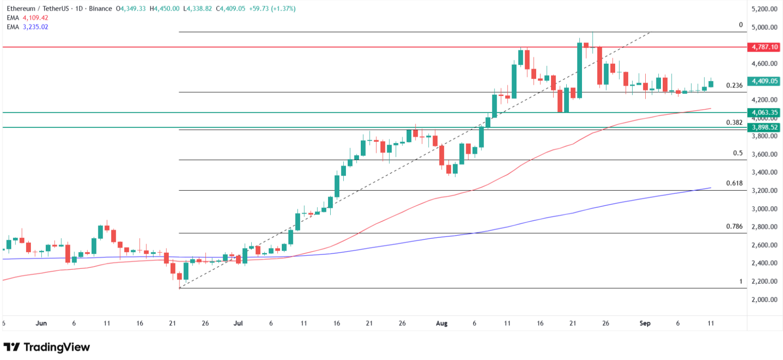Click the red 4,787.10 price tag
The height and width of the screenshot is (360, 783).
click(x=764, y=47)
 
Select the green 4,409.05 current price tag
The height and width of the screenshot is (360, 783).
click(x=764, y=81)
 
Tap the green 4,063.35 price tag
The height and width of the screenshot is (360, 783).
click(x=764, y=113)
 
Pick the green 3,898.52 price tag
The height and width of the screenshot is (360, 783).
click(x=764, y=127)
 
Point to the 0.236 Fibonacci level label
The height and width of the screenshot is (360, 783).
click(x=734, y=85)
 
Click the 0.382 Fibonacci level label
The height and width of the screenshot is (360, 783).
click(x=734, y=123)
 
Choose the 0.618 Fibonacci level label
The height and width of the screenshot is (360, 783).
click(x=734, y=183)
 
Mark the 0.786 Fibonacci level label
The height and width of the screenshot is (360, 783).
click(x=734, y=227)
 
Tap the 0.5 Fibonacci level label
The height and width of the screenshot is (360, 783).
click(x=738, y=153)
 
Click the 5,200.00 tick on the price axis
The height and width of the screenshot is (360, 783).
click(x=764, y=9)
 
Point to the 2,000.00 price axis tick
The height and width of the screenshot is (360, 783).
click(x=764, y=300)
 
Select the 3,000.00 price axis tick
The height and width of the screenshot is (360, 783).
click(x=764, y=209)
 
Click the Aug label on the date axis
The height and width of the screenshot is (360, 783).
click(x=442, y=323)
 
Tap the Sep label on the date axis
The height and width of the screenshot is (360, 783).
click(x=645, y=323)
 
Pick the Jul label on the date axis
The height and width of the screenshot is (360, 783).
click(x=238, y=323)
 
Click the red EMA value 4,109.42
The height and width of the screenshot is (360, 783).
click(x=35, y=18)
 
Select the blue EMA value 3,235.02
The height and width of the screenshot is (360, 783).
click(x=35, y=27)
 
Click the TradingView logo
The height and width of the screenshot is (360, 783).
click(x=47, y=347)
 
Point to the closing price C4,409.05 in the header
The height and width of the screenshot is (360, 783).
click(x=231, y=9)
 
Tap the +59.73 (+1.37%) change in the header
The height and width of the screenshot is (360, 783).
click(x=272, y=9)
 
